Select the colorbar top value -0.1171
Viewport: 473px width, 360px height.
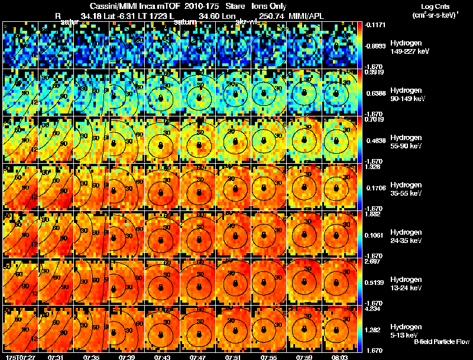click(x=375, y=25)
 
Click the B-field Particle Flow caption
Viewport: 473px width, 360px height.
click(x=441, y=342)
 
